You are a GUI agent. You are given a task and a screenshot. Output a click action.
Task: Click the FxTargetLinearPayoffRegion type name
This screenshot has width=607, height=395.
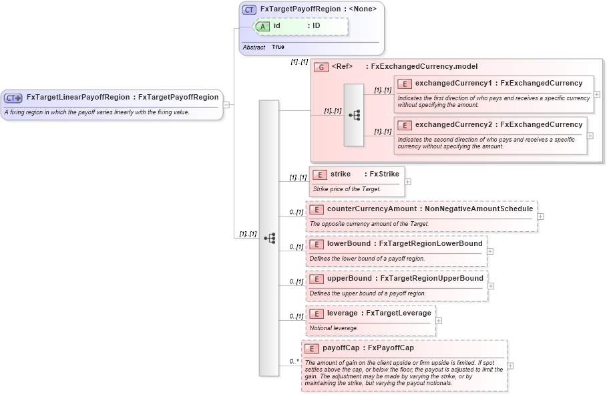[x=78, y=98]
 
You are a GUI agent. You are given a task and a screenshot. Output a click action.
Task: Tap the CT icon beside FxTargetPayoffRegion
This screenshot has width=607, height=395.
[x=249, y=10]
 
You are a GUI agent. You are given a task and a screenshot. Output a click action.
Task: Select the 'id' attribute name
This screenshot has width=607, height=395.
[x=276, y=26]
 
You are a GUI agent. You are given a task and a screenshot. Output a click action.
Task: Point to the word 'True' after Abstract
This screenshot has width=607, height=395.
[x=278, y=47]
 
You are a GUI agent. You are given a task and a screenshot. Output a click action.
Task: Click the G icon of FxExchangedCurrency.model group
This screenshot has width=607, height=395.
[x=321, y=68]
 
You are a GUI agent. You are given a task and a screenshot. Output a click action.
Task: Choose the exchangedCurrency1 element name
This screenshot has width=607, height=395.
[x=457, y=84]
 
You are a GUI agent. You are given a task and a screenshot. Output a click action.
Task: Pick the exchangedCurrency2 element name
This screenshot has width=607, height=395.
[x=457, y=125]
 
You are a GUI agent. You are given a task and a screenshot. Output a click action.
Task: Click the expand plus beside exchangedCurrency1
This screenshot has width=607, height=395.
[x=596, y=94]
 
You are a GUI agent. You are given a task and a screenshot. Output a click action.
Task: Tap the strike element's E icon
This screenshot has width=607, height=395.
[x=320, y=174]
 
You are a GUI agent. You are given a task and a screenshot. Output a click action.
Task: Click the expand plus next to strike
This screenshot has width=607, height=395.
[x=407, y=181]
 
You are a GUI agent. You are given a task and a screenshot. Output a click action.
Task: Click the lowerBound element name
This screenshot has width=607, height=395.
[x=349, y=244]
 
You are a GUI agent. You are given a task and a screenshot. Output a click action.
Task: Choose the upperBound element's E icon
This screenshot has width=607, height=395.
[x=317, y=279]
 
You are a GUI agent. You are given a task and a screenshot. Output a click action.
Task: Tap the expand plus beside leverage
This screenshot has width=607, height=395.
[x=439, y=320]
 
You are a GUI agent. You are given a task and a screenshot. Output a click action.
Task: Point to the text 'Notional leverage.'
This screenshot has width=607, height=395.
[x=334, y=328]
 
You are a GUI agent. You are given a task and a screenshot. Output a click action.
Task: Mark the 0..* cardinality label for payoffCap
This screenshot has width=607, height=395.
[x=294, y=362]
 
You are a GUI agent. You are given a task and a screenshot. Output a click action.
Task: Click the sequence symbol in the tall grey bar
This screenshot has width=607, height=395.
[x=269, y=238]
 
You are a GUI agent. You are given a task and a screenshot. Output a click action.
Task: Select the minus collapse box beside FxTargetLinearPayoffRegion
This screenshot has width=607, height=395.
[x=227, y=104]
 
